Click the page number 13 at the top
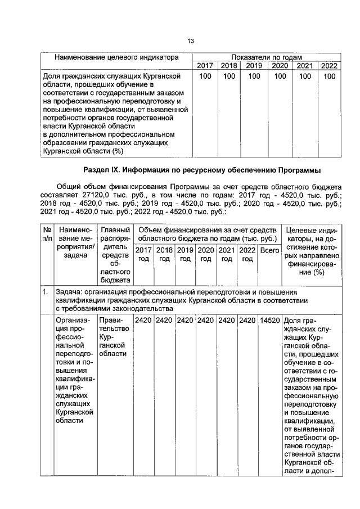coord(190,41)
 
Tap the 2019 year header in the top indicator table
coord(254,66)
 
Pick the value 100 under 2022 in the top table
coord(328,76)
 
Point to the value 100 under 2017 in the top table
coord(205,76)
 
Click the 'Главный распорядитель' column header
coord(115,255)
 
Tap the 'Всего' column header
coord(269,251)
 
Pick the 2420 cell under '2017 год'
coord(144,321)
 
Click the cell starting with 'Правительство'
coord(115,337)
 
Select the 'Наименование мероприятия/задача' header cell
coord(74,243)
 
